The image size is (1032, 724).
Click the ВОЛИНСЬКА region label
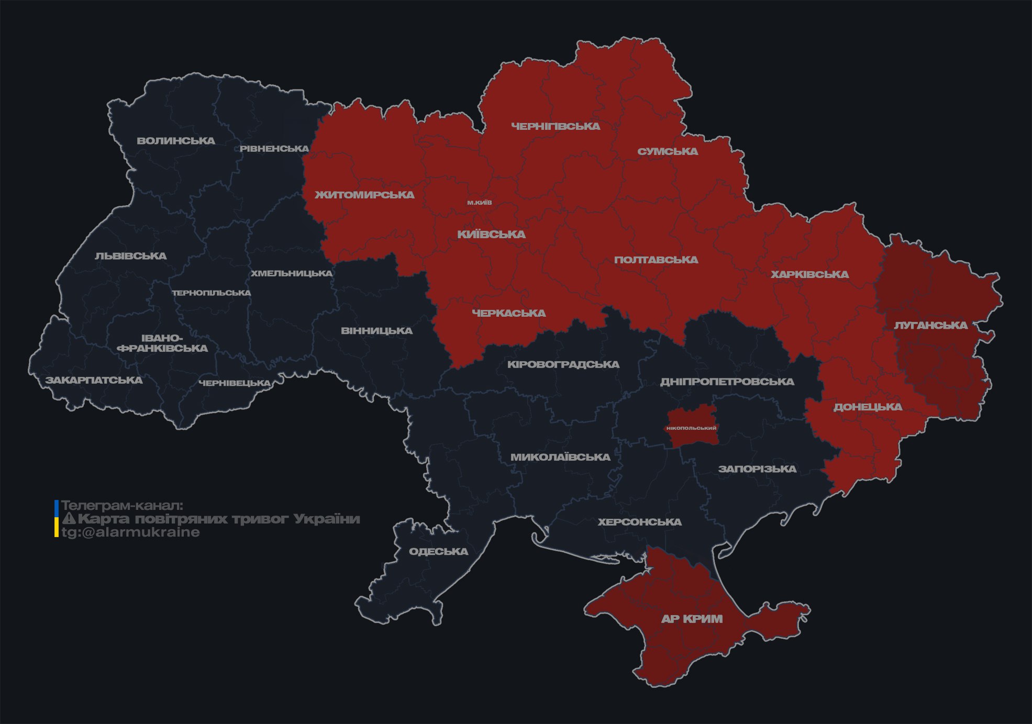pyautogui.click(x=176, y=141)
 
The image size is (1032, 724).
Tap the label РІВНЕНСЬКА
pyautogui.click(x=274, y=149)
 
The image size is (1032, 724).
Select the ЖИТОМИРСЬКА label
pyautogui.click(x=364, y=195)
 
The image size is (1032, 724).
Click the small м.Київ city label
pyautogui.click(x=480, y=203)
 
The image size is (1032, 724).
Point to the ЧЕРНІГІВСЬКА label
pyautogui.click(x=556, y=126)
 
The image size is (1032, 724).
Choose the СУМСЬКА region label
pyautogui.click(x=668, y=151)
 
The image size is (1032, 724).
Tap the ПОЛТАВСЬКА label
pyautogui.click(x=656, y=260)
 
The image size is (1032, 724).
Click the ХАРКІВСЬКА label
pyautogui.click(x=809, y=274)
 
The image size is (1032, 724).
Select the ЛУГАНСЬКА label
pyautogui.click(x=930, y=325)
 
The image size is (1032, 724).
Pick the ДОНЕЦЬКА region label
pyautogui.click(x=868, y=407)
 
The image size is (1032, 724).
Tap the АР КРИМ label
pyautogui.click(x=692, y=619)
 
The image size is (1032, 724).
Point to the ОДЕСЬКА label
pyautogui.click(x=438, y=551)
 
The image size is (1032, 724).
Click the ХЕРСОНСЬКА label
pyautogui.click(x=639, y=522)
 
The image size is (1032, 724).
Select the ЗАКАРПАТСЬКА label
pyautogui.click(x=94, y=380)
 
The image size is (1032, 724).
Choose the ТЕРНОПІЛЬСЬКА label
pyautogui.click(x=212, y=293)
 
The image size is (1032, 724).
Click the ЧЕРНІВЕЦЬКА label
pyautogui.click(x=235, y=383)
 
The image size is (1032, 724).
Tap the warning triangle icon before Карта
pyautogui.click(x=69, y=519)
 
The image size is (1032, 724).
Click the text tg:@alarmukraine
pyautogui.click(x=130, y=532)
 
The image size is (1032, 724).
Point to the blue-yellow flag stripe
pyautogui.click(x=57, y=519)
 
